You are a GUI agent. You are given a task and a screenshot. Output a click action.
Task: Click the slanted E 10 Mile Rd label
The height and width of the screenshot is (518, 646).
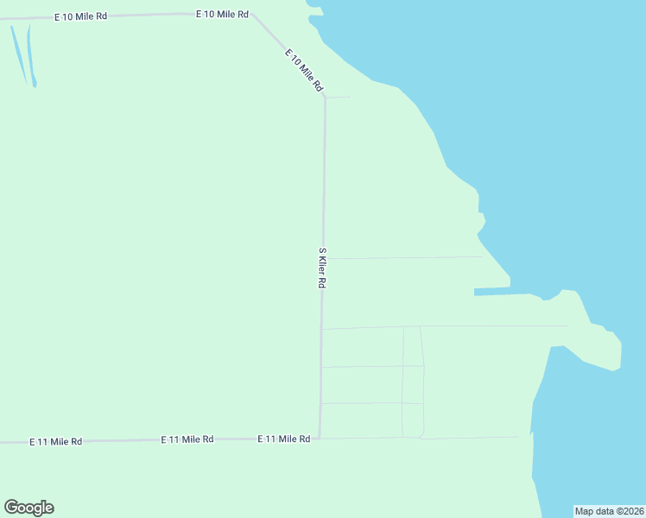click(304, 70)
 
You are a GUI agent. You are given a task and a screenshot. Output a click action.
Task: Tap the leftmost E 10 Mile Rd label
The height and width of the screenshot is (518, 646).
click(80, 16)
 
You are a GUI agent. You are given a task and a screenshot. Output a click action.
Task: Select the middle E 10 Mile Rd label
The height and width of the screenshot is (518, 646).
click(222, 15)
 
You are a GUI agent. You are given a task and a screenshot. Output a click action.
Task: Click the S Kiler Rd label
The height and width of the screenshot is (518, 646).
click(322, 268)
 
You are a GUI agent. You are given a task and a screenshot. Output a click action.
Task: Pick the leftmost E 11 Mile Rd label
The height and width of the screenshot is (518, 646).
click(55, 441)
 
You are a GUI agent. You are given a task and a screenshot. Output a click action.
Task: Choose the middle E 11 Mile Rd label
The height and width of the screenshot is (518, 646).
click(187, 439)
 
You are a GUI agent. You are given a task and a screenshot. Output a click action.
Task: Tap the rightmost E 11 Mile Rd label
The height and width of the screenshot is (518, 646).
click(284, 439)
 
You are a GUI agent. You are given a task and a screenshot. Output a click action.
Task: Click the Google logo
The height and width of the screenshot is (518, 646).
click(28, 508)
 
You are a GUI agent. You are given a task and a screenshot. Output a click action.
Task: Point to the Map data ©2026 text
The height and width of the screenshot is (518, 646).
click(609, 511)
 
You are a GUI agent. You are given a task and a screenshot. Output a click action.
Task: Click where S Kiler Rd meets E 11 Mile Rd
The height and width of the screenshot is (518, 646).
click(320, 438)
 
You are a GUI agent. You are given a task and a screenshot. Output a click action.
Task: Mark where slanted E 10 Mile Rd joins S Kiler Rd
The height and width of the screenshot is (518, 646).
click(325, 97)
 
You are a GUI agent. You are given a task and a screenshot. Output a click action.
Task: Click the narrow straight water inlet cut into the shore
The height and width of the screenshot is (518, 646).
click(491, 292)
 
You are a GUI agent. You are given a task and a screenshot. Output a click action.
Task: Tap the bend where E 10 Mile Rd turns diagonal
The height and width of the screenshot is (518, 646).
click(252, 15)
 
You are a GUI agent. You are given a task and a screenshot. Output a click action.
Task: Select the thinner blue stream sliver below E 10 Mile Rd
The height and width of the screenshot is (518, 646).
click(18, 52)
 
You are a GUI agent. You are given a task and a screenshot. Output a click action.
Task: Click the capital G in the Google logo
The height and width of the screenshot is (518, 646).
click(10, 508)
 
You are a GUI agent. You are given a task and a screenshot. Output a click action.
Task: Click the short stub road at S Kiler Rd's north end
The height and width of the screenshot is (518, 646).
click(338, 97)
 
